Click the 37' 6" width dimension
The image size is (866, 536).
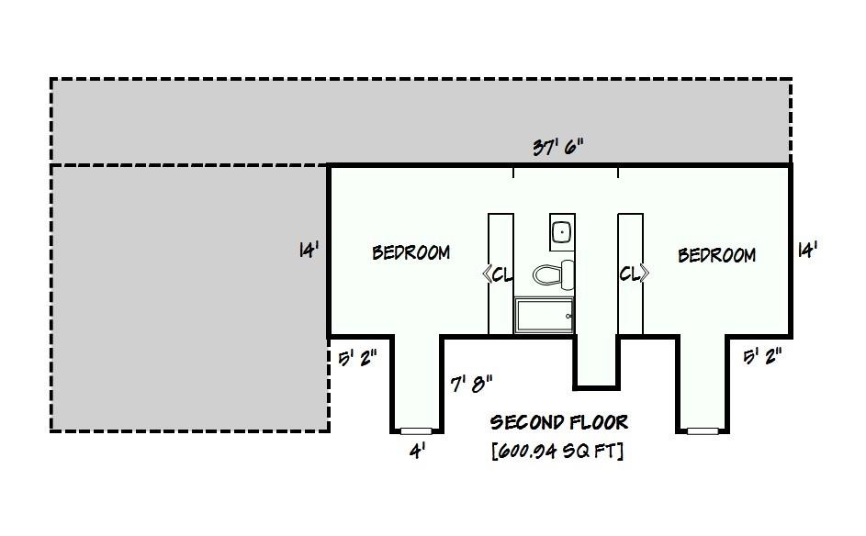click(558, 148)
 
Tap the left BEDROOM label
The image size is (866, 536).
click(411, 252)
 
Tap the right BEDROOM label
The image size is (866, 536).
click(716, 255)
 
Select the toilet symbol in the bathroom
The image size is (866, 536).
click(554, 274)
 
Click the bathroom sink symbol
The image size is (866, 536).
click(561, 232)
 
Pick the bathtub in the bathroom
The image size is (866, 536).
click(544, 316)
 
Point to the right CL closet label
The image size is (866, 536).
click(634, 274)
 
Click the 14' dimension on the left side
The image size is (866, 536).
click(309, 250)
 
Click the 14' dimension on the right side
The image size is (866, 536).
click(808, 250)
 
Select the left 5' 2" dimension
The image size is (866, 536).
click(357, 357)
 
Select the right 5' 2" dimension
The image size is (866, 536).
click(762, 356)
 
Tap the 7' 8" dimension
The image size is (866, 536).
click(472, 383)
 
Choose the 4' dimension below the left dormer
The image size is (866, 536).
click(417, 451)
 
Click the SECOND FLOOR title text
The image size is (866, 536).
click(558, 422)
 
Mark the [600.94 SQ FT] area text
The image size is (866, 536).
click(557, 451)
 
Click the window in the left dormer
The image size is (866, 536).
click(416, 430)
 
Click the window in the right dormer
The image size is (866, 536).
click(703, 430)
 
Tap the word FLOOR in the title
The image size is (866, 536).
click(598, 422)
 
